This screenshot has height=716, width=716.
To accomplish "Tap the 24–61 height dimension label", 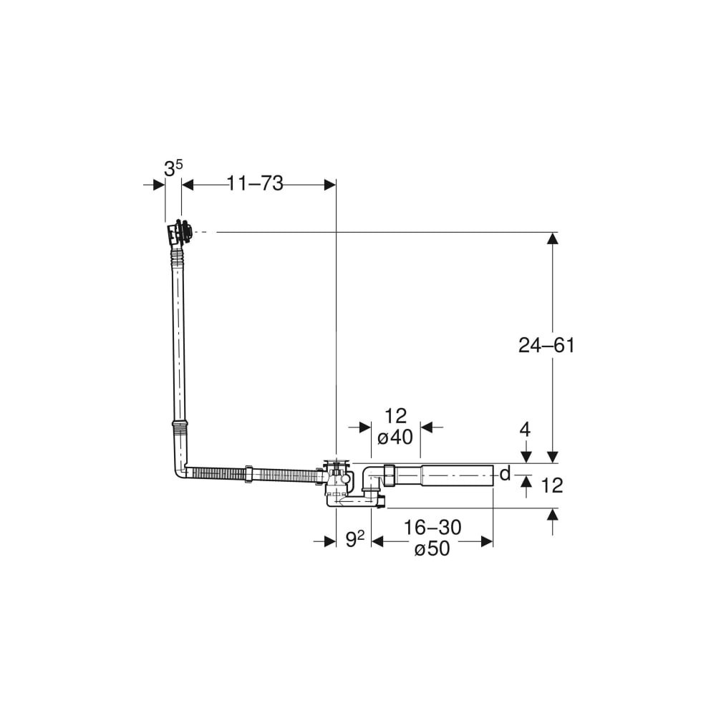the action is pos(546,345).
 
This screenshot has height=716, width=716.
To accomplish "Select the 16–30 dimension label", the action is pos(432,528).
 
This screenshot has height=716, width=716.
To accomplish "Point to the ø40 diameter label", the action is pos(395,437).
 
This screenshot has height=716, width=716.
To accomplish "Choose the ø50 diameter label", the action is pos(432,548).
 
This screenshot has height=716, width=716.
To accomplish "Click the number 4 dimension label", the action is pos(526,429).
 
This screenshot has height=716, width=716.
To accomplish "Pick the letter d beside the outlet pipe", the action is pos(505,474).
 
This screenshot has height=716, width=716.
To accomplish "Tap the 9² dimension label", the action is pos(355,540).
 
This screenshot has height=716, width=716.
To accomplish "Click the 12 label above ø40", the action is pos(395,416).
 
